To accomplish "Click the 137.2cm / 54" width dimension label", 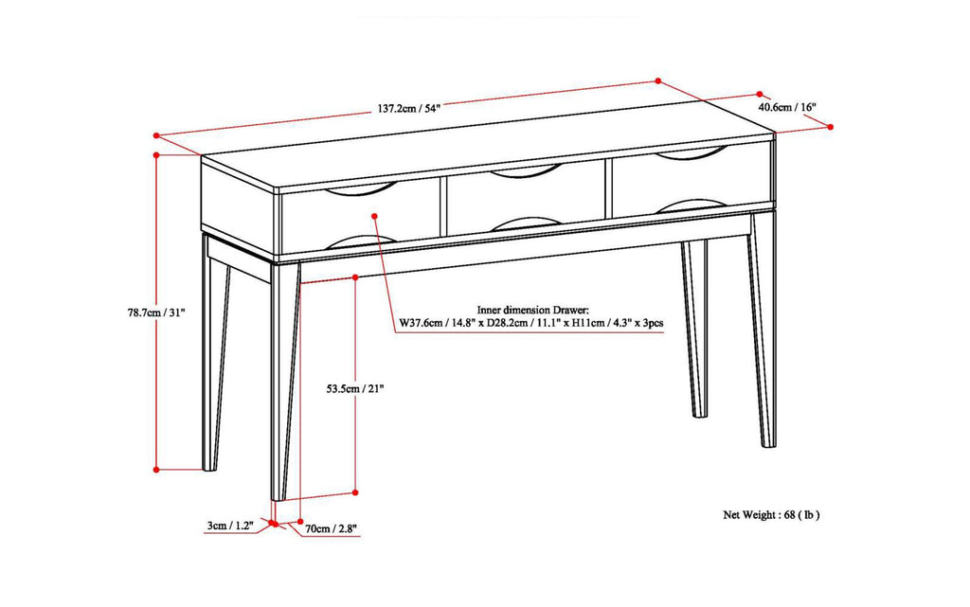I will coord(406,108).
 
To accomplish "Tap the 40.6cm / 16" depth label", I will coord(790,107).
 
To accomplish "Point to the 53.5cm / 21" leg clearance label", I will coord(355,388).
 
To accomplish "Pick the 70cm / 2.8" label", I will coord(332,528).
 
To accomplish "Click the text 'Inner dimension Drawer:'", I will coord(533,310).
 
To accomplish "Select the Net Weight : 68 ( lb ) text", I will coord(771,516).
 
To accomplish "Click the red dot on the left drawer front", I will coord(375,216).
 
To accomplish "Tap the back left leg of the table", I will coord(215,360).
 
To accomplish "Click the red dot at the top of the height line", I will coord(155,153).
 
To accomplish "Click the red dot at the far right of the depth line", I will coord(831,126).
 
